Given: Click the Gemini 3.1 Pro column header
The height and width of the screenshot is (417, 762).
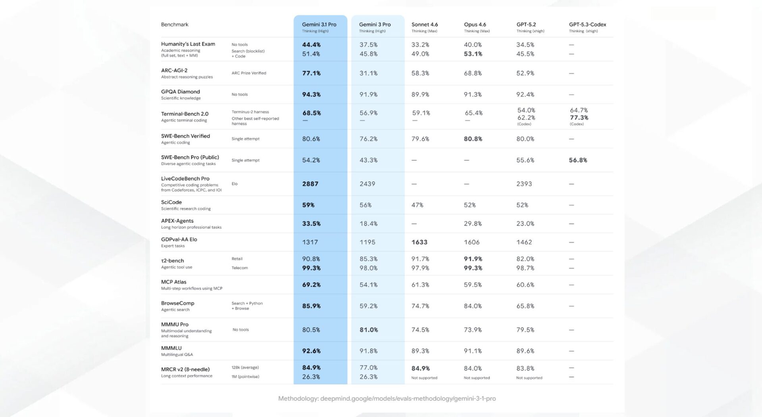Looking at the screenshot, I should (319, 25).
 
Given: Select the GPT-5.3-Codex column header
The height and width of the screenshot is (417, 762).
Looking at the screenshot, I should (587, 25).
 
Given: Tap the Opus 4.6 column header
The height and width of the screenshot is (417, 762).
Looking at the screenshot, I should (475, 25).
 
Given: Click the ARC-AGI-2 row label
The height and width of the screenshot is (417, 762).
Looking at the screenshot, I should (174, 71).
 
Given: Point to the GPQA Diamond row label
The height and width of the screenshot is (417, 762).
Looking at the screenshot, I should (181, 92).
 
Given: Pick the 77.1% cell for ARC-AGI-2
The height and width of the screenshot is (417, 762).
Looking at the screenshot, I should (312, 73).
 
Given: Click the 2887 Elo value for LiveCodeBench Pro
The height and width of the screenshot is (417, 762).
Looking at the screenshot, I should (310, 184).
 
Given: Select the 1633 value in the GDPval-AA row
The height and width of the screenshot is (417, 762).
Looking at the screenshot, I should (419, 242).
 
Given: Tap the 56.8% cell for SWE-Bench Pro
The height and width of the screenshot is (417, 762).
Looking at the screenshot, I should (578, 160).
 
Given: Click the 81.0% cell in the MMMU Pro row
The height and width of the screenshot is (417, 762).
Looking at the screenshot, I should (369, 330).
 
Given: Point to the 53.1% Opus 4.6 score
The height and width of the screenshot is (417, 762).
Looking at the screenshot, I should (473, 54).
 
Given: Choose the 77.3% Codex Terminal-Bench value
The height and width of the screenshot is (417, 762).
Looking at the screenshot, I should (579, 118).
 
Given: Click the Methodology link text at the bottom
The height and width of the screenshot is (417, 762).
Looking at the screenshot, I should (387, 398).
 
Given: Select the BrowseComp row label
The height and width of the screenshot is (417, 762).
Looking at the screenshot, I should (178, 303).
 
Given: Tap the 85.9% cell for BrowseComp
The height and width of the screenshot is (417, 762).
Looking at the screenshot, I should (312, 306).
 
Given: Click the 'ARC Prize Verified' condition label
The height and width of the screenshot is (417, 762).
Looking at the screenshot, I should (249, 73).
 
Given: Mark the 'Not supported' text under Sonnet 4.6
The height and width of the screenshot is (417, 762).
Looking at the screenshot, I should (424, 378).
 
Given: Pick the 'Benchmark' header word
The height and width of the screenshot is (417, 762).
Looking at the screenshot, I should (175, 25).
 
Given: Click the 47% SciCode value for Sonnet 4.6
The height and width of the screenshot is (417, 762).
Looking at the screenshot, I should (418, 205).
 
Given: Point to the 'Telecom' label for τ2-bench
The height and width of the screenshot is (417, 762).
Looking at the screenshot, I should (240, 268).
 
